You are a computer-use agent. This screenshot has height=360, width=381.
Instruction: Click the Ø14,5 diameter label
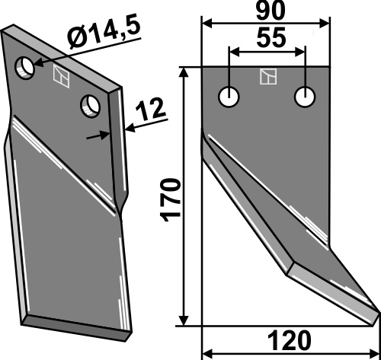104,33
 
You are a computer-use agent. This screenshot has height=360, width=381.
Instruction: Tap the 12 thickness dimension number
151,110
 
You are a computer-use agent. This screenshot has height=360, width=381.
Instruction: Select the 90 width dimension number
270,11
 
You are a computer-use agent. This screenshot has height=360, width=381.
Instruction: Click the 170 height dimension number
171,200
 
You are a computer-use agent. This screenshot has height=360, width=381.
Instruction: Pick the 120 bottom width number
290,341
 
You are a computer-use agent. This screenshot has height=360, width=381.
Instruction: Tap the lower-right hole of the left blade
90,106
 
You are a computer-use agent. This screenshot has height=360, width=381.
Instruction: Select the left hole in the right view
229,97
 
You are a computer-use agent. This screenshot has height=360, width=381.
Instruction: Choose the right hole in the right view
305,97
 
